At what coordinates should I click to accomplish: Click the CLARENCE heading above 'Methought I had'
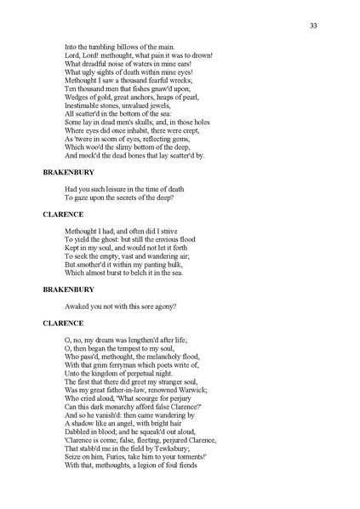pyautogui.click(x=63, y=213)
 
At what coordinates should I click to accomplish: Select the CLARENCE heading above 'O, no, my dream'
pyautogui.click(x=63, y=323)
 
